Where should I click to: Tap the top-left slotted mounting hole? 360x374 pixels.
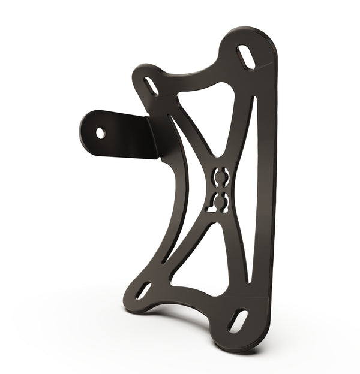152,86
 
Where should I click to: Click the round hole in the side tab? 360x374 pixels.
100,133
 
